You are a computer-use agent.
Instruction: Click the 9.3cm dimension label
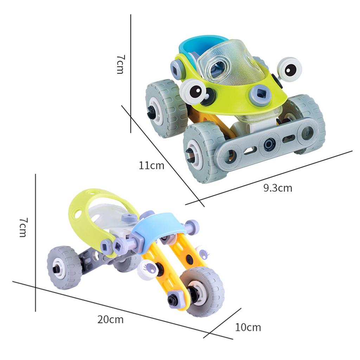pos(278,188)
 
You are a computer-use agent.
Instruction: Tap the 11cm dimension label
pos(152,165)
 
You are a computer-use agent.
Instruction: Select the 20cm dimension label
pos(110,319)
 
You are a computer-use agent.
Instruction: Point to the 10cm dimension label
pos(248,327)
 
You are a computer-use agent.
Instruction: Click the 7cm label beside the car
pos(120,64)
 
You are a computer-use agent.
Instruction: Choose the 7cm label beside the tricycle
pos(23,227)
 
